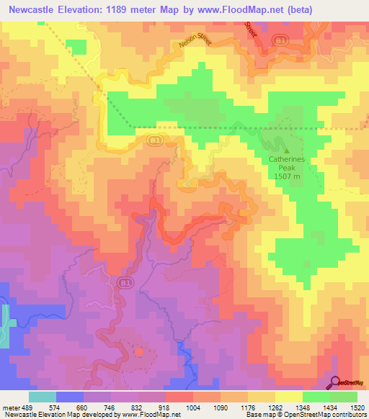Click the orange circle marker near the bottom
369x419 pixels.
tap(138, 352)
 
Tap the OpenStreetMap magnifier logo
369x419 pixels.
tap(336, 382)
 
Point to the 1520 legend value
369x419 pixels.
tap(358, 407)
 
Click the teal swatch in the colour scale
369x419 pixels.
tap(42, 397)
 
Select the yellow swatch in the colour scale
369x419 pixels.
tap(288, 397)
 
